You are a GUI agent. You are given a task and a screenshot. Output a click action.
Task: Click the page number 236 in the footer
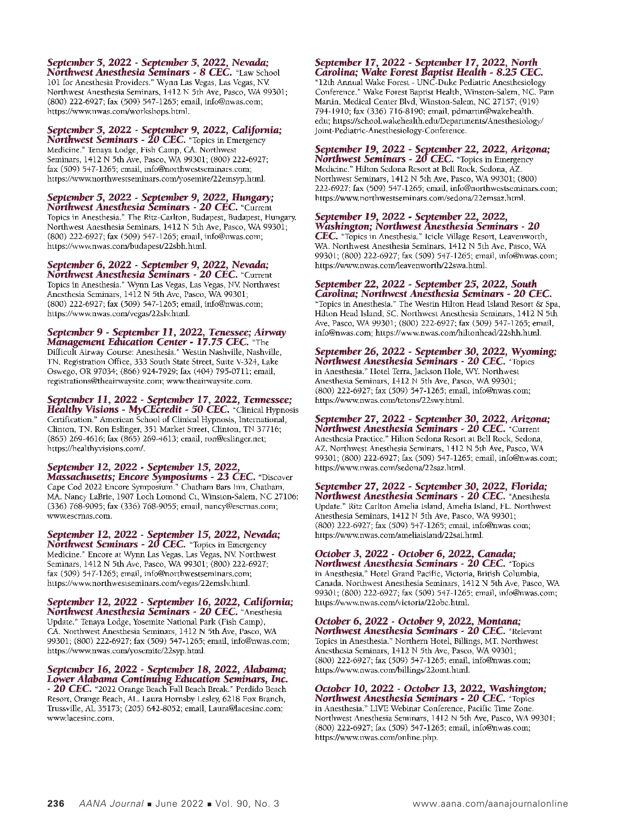(56, 804)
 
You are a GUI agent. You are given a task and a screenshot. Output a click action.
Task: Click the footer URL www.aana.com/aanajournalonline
(490, 804)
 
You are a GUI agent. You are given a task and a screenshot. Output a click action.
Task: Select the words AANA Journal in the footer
(111, 804)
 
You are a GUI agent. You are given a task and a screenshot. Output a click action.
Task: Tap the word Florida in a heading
(529, 486)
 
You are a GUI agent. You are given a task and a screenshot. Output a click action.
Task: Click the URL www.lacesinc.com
(80, 718)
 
